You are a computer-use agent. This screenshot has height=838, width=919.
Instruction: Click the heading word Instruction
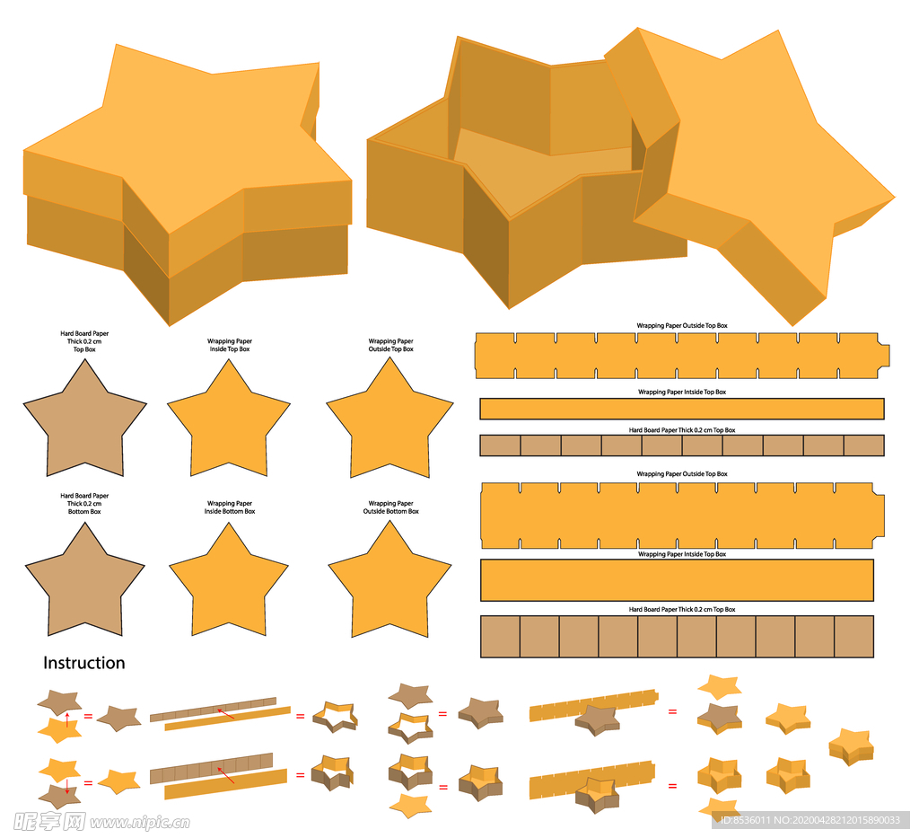[83, 663]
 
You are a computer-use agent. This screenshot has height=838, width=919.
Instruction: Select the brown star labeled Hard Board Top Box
[85, 422]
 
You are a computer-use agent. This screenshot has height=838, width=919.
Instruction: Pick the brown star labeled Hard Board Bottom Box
[85, 584]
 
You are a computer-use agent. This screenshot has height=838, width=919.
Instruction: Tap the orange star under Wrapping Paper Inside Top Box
[229, 422]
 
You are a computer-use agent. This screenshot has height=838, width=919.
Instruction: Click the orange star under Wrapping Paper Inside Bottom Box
[229, 584]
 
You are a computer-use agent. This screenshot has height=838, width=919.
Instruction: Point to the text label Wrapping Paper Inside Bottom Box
[230, 507]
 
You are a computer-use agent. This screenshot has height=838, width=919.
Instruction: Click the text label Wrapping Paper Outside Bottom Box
[391, 507]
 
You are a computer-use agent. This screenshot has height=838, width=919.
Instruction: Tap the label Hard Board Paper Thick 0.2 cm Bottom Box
[84, 503]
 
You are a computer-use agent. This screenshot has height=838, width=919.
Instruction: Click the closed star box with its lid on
[187, 181]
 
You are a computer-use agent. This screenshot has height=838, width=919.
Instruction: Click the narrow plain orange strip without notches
[682, 409]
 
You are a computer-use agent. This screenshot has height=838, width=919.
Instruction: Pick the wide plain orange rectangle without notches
[677, 580]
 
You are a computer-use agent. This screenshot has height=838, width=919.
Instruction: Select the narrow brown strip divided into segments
[682, 445]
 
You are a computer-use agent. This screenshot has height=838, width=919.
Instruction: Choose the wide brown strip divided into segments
[677, 636]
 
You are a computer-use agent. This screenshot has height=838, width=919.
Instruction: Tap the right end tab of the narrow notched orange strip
[884, 356]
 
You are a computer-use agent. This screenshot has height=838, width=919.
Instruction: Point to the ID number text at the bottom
[810, 820]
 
